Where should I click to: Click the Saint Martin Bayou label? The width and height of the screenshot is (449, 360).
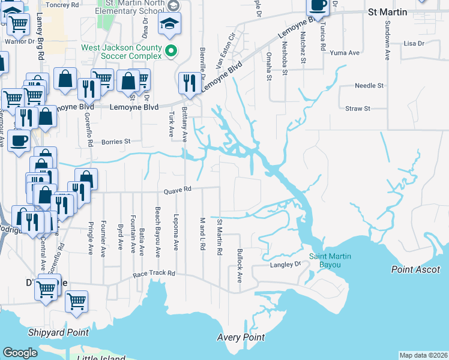[330, 261]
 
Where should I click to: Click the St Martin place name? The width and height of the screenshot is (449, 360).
[387, 12]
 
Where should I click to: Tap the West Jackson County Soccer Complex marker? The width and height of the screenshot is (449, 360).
[172, 52]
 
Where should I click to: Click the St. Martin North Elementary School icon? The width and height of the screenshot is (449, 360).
[170, 23]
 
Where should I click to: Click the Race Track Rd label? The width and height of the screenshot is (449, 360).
[154, 274]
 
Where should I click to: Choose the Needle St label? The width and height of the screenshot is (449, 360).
[369, 86]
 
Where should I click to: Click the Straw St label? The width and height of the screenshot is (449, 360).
[358, 109]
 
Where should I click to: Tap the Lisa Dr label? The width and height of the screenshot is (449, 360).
[414, 43]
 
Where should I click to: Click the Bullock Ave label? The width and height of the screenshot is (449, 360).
[239, 266]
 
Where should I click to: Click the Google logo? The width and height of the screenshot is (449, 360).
[20, 353]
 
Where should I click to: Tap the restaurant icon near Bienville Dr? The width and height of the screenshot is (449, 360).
[190, 83]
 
